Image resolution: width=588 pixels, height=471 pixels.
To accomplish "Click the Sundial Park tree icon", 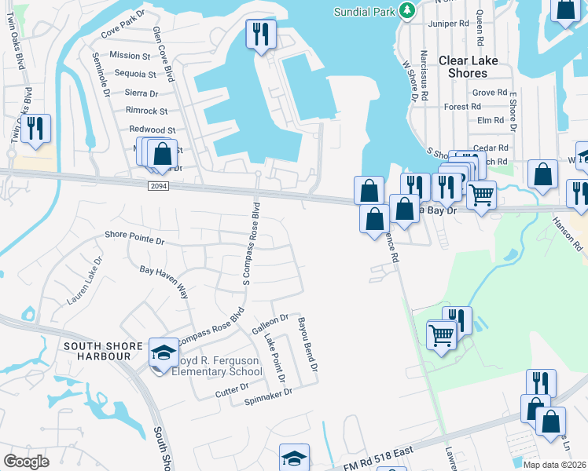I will pos(406,10).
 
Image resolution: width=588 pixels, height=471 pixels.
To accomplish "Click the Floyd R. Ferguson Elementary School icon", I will pos(164,356).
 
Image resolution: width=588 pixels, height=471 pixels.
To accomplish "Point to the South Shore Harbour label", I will pos(97,351).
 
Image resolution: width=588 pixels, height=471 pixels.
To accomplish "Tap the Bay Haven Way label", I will pos(164,280).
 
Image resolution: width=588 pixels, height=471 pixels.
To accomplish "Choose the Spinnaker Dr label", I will pos(268,392).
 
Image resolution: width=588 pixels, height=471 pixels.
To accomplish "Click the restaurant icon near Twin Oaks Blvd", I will pos(35,128).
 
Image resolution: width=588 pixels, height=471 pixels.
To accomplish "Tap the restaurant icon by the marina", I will pos(259,34).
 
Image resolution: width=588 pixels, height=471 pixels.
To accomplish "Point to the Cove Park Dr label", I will pos(124,36).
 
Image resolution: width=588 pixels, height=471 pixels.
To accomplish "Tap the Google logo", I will pos(26,462).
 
